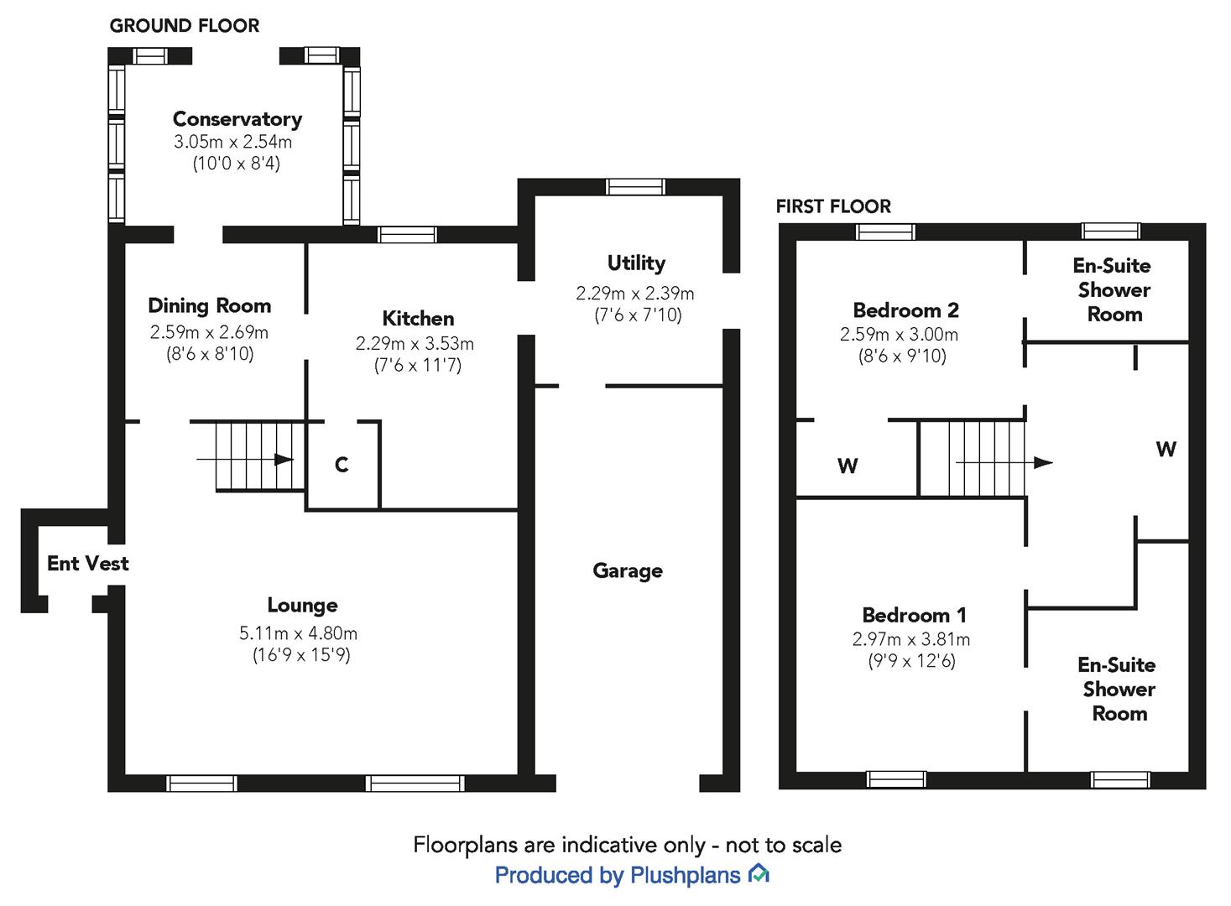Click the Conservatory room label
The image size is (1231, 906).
tap(237, 119)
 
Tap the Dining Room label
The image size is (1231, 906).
tap(210, 305)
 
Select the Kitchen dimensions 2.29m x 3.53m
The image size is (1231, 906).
tap(415, 344)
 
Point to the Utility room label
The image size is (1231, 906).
tap(636, 263)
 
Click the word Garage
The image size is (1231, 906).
tap(628, 571)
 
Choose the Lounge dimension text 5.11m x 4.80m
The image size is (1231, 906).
tap(299, 633)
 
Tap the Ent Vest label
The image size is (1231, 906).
tap(88, 563)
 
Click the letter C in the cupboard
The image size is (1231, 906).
tap(342, 465)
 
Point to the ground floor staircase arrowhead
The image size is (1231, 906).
tap(284, 460)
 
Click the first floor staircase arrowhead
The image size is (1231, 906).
tap(1043, 462)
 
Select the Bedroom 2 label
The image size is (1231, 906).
tap(905, 310)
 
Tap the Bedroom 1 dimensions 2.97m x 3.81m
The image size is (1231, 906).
tap(911, 639)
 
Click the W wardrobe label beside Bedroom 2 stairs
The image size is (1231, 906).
tap(848, 466)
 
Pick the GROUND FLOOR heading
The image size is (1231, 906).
tap(185, 26)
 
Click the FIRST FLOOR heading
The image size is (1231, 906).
tap(833, 206)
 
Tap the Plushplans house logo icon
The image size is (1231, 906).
tap(759, 873)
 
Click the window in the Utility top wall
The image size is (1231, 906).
tap(635, 187)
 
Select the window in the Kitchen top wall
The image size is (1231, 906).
tap(407, 235)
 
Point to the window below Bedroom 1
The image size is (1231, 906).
tap(896, 779)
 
